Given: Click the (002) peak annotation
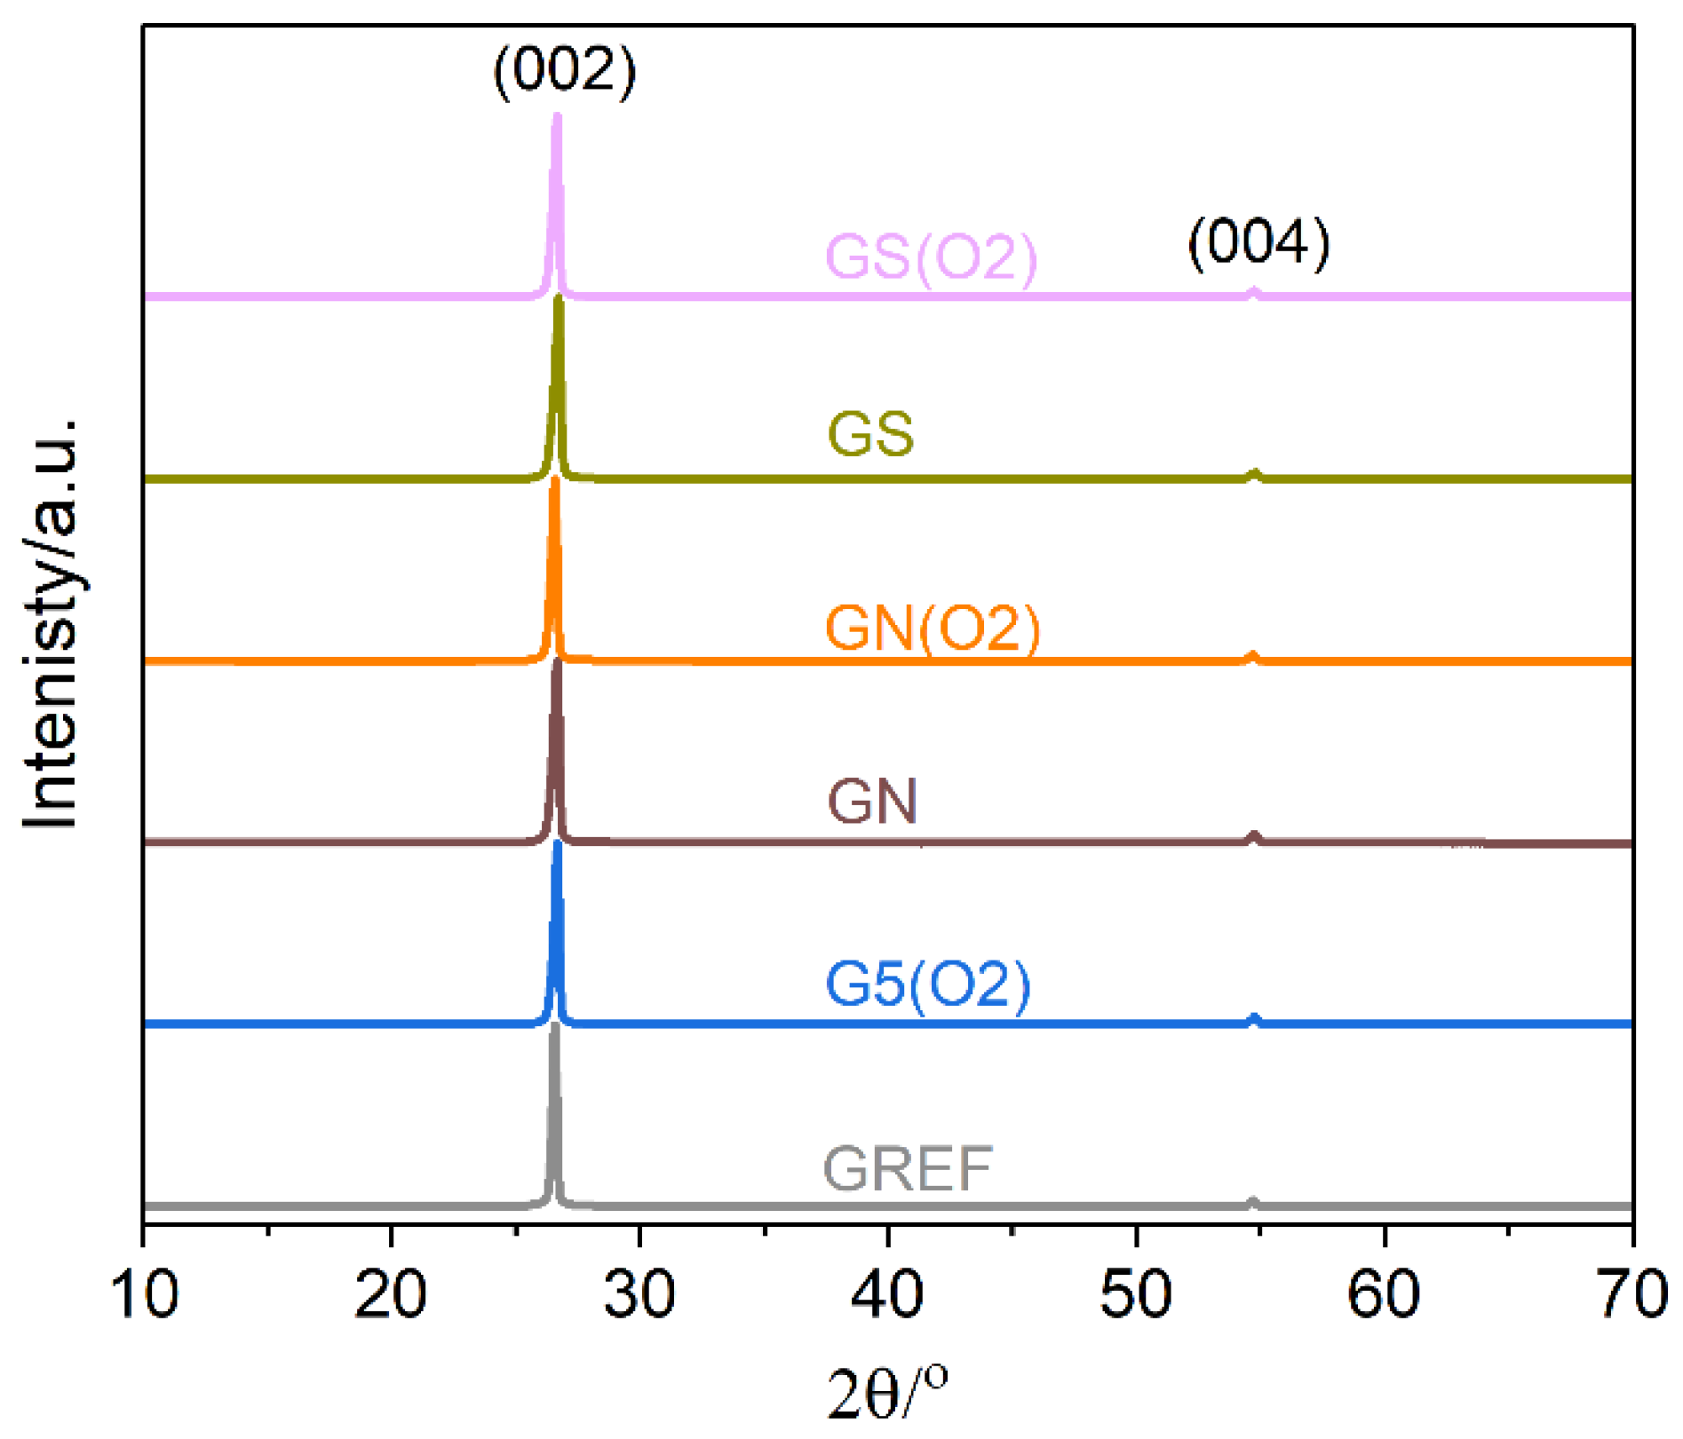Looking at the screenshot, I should pos(565,71).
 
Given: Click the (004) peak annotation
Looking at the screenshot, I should pos(1258,241).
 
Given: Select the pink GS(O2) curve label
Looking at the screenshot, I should pos(932,257).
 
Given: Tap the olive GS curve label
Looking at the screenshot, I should pos(870,434).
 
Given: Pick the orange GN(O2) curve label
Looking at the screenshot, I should pos(933,628).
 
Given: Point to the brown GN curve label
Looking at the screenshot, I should pos(872,801).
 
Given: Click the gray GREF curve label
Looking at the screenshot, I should pos(908,1168).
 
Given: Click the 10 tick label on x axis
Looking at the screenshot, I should pos(145,1294).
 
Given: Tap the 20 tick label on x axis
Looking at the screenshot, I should pos(391,1294).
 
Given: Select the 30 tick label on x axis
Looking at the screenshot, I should pos(639,1294).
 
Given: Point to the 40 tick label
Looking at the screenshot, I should pos(887,1294).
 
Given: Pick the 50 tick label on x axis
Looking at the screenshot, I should pos(1135,1294).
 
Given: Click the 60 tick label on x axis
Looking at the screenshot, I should pos(1383,1294).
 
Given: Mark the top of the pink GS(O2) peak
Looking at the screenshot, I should pos(557,116).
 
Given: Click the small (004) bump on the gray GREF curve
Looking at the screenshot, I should pos(1252,1202).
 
